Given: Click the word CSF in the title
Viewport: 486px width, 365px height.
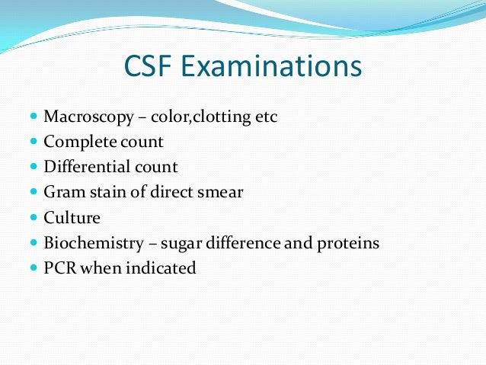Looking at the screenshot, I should click(x=150, y=67).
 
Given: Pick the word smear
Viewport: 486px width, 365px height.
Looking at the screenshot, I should click(x=220, y=192).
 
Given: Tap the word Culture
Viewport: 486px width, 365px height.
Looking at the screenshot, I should click(x=72, y=217).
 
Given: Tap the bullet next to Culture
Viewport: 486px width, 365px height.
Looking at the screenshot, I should click(x=34, y=217).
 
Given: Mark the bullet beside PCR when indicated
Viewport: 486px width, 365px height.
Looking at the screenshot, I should click(x=34, y=267).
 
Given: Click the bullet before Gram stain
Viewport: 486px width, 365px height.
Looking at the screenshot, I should click(x=34, y=192).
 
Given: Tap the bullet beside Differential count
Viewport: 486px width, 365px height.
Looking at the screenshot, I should click(x=34, y=167).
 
